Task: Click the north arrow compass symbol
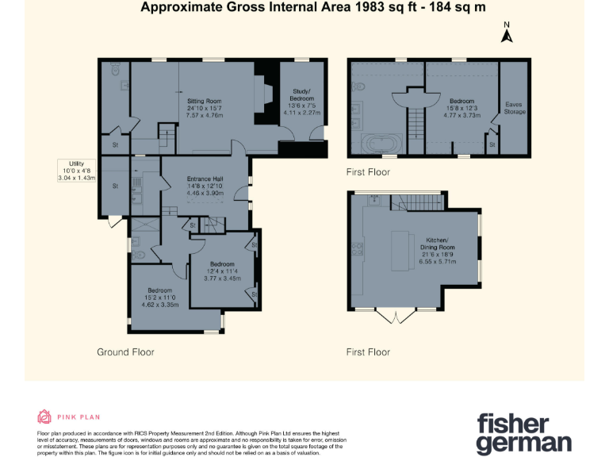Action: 507,33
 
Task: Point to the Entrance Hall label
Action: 204,186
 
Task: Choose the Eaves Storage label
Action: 515,108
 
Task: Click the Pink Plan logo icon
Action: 44,417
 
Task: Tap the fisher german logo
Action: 523,432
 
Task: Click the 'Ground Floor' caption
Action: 125,351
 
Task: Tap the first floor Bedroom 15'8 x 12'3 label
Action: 462,108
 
